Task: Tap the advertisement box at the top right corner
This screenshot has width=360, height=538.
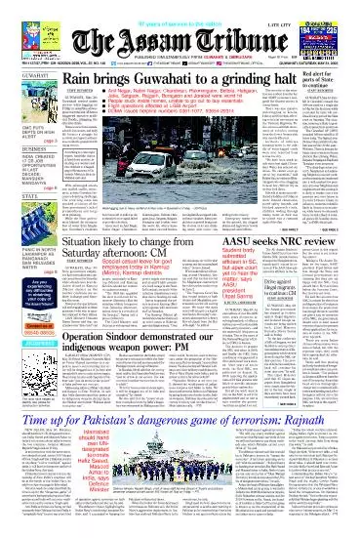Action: click(331, 29)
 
